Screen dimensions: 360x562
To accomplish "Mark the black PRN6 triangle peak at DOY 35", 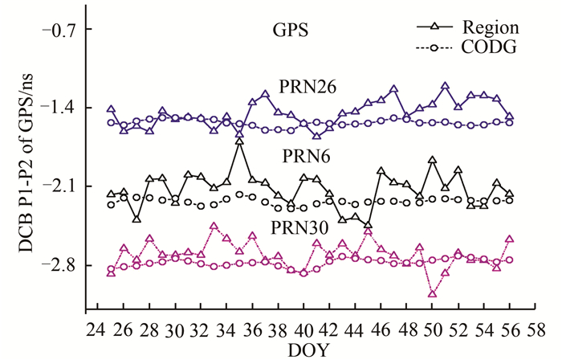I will coord(239,141).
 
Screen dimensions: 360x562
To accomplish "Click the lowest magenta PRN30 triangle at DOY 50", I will coord(433,294).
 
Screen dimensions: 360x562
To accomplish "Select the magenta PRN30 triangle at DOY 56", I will coord(510,239).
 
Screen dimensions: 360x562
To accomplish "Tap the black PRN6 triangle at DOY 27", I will coord(136,219).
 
